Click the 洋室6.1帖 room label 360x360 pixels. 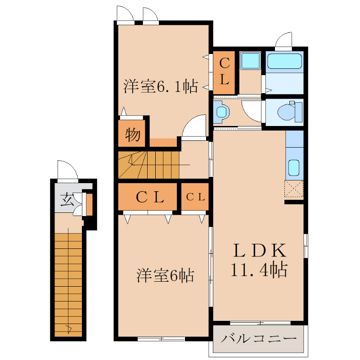point(161,85)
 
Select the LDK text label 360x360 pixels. point(259,250)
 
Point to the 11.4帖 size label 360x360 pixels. point(259,270)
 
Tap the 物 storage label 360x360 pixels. point(132,135)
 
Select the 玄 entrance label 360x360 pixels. point(66,198)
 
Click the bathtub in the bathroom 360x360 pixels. point(284,61)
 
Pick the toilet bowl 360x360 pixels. point(285,112)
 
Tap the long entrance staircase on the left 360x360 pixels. point(68,283)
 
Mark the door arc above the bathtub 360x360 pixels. point(283,40)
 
